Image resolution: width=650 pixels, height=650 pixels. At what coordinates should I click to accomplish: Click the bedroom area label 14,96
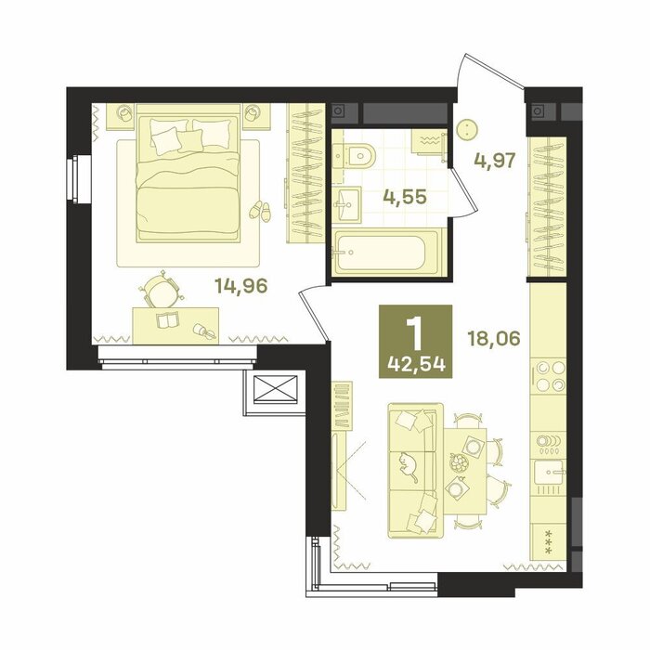click(x=241, y=286)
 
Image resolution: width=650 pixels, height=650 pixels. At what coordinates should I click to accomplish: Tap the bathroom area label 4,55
click(x=404, y=197)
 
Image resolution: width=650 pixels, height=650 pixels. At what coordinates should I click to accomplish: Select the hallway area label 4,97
click(x=495, y=160)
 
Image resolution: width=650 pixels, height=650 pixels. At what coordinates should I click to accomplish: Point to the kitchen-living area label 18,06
click(x=493, y=339)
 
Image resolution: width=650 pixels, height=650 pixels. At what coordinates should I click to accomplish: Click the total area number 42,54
click(x=416, y=364)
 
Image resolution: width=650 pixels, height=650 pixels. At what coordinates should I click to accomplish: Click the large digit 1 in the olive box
click(x=415, y=332)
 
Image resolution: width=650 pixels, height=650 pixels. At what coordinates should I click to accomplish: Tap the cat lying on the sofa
click(x=408, y=467)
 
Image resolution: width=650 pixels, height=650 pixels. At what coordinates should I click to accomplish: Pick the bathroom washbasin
click(x=346, y=204)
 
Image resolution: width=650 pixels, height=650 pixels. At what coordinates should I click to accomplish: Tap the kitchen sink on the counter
click(x=548, y=472)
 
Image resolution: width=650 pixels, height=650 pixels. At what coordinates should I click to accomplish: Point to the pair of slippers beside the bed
click(x=259, y=211)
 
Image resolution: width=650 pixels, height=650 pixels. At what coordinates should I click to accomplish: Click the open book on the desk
click(x=167, y=319)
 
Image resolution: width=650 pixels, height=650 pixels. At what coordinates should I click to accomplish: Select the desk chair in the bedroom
click(x=161, y=289)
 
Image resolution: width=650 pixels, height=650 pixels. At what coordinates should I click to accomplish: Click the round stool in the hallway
click(x=467, y=129)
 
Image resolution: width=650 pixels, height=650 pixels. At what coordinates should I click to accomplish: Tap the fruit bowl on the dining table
click(x=460, y=462)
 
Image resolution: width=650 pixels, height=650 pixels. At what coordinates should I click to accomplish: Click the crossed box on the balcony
click(x=276, y=389)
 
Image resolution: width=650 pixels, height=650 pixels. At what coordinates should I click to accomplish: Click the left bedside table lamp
click(x=124, y=112)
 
